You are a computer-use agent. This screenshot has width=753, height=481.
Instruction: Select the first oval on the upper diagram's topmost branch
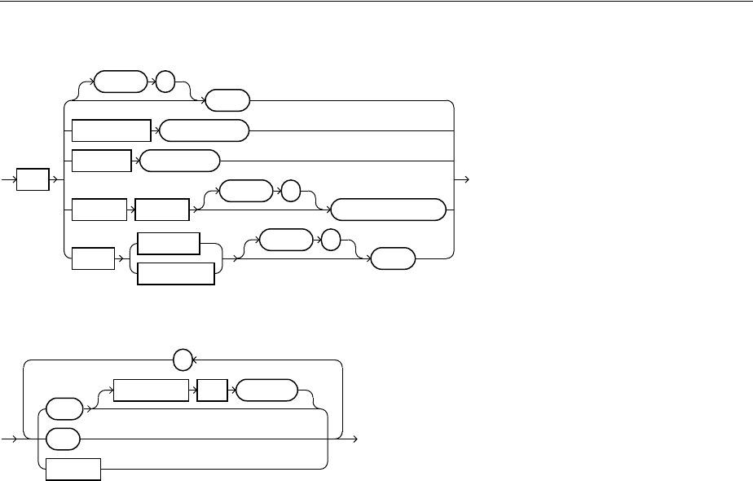pyautogui.click(x=121, y=82)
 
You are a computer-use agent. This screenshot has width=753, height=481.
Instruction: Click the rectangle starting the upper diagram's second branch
pyautogui.click(x=112, y=130)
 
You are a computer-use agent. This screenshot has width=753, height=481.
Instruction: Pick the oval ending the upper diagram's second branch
pyautogui.click(x=203, y=130)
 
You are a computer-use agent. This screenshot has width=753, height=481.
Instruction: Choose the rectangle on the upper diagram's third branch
pyautogui.click(x=101, y=161)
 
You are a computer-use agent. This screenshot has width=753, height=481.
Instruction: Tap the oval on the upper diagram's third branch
pyautogui.click(x=180, y=161)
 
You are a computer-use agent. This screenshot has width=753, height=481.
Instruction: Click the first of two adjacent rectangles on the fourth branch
pyautogui.click(x=99, y=210)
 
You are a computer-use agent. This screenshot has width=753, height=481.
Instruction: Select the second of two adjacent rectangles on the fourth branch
pyautogui.click(x=161, y=210)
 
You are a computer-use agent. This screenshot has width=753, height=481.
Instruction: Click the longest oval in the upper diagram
pyautogui.click(x=390, y=210)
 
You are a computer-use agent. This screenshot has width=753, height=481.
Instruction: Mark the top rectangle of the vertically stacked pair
pyautogui.click(x=169, y=244)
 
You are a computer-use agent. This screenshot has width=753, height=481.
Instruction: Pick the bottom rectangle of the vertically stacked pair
pyautogui.click(x=176, y=273)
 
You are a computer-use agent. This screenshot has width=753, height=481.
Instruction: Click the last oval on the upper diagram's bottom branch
pyautogui.click(x=393, y=259)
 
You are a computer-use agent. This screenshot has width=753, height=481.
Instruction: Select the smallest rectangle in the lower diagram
pyautogui.click(x=211, y=390)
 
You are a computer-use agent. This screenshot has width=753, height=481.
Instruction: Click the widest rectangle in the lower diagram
pyautogui.click(x=151, y=390)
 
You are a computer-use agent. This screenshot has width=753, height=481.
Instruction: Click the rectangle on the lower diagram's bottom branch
pyautogui.click(x=73, y=469)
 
